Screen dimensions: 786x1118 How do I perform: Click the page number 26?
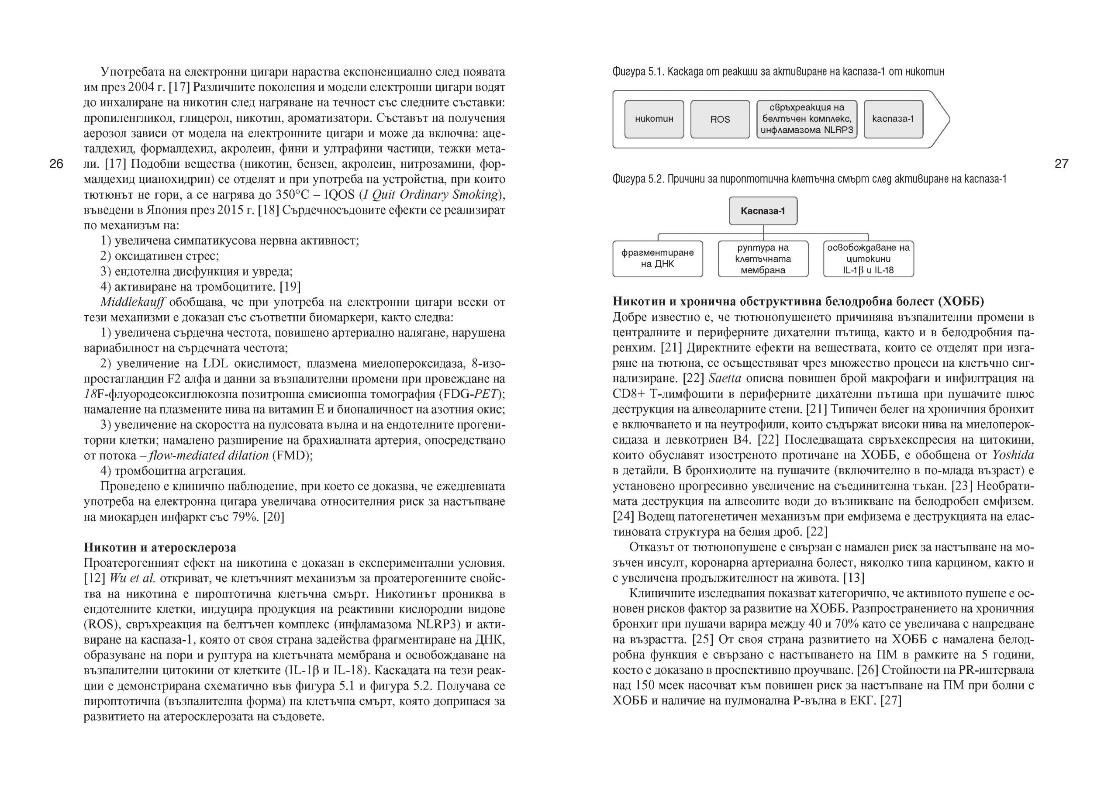coord(56,164)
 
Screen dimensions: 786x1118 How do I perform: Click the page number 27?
coord(1061,164)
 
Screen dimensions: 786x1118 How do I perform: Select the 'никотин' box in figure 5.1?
coord(654,119)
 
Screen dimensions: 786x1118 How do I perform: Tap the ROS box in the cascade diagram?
coord(720,119)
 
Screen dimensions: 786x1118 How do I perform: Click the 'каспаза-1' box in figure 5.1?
coord(893,119)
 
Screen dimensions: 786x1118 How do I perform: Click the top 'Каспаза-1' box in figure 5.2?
coord(763,211)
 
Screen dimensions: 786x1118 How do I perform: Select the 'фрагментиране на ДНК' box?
coord(657,259)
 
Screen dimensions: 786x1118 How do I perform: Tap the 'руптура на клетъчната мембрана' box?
coord(763,259)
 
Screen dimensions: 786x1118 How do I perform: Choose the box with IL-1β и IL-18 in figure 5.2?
coord(868,259)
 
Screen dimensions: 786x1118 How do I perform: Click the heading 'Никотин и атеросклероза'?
coord(160,548)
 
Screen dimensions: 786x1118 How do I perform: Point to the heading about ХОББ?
coord(798,301)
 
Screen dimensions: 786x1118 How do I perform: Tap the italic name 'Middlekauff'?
coord(132,302)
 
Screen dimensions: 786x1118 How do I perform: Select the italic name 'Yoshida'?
coord(1013,455)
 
